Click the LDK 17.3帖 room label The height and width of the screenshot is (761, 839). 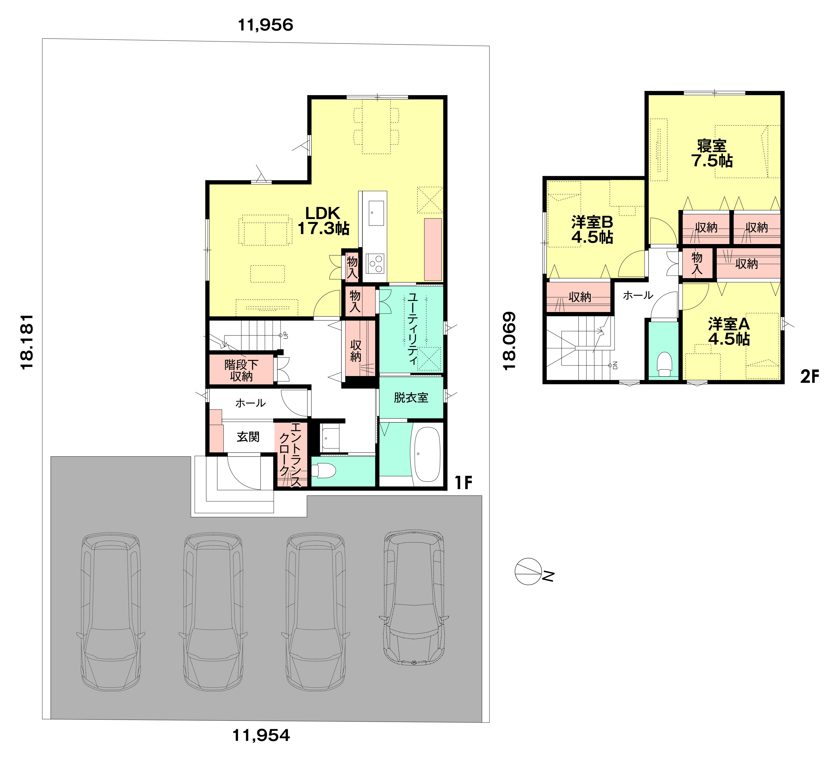pyautogui.click(x=323, y=221)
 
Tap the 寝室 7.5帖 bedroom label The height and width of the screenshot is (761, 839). pyautogui.click(x=712, y=153)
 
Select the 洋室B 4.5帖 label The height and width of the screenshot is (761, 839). pyautogui.click(x=592, y=230)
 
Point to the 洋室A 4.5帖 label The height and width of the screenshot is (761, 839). pyautogui.click(x=729, y=332)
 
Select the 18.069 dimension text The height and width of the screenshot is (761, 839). pyautogui.click(x=509, y=341)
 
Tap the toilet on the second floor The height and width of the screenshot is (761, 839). pyautogui.click(x=664, y=365)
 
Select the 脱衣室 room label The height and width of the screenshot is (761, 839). pyautogui.click(x=411, y=397)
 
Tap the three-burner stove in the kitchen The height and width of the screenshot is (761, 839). pyautogui.click(x=375, y=263)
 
